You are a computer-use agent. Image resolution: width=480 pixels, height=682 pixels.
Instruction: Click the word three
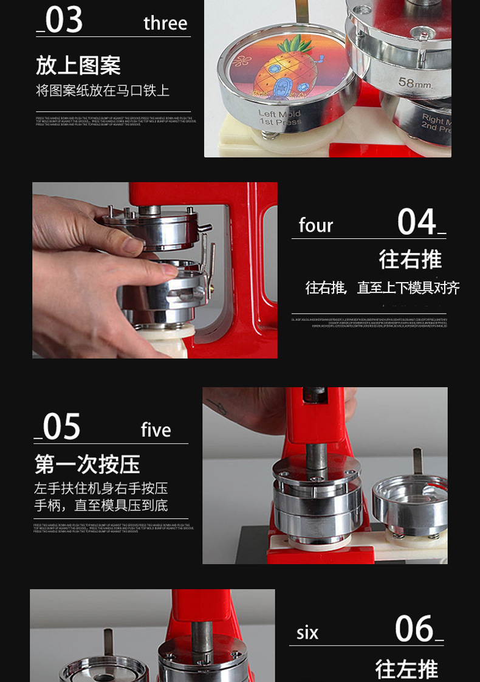click(x=165, y=23)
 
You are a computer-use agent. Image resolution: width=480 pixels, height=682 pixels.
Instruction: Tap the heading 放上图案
click(x=78, y=65)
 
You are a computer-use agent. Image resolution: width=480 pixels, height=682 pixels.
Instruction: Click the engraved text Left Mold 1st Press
click(x=279, y=118)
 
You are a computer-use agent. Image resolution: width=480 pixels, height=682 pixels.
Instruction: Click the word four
click(x=316, y=226)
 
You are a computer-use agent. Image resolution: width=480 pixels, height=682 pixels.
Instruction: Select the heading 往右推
click(x=410, y=259)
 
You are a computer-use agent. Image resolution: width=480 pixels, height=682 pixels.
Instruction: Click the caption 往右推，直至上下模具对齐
click(x=382, y=288)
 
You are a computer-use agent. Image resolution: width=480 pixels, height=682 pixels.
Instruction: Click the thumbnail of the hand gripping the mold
click(x=154, y=270)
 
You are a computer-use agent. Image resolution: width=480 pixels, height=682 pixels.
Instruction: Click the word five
click(x=156, y=430)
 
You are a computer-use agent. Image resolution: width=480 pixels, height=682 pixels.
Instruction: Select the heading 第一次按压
click(x=87, y=464)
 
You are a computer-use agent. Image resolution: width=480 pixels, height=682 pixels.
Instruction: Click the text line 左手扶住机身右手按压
click(x=101, y=488)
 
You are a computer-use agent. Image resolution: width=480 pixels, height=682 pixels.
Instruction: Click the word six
click(x=307, y=633)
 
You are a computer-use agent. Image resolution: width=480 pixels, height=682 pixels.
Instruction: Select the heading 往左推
click(x=406, y=669)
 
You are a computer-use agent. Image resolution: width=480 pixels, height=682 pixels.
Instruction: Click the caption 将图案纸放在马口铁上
click(x=103, y=91)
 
